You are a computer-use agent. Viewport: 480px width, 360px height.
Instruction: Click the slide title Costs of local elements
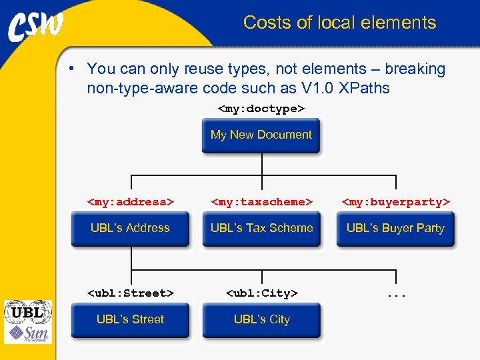(x=339, y=23)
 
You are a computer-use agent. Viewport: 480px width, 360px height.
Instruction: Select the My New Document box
(x=261, y=135)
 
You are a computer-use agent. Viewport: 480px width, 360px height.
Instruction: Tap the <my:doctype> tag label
(x=261, y=108)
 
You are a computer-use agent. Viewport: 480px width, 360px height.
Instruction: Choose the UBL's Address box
(x=130, y=229)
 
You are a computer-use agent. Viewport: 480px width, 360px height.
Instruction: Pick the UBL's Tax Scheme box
(x=261, y=229)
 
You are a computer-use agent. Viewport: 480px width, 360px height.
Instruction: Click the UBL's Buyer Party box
(x=395, y=229)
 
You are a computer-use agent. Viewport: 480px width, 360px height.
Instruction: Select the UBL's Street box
(x=130, y=320)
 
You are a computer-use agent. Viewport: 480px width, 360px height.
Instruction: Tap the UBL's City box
(x=261, y=320)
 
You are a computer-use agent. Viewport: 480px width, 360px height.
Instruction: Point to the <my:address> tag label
(x=131, y=201)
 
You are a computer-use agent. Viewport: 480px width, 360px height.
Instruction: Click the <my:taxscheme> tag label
(x=261, y=201)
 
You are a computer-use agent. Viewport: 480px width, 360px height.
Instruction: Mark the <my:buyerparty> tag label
(x=396, y=201)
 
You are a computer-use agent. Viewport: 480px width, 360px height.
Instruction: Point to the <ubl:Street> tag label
(x=131, y=293)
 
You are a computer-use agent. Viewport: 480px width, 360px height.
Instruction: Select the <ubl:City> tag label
(x=261, y=293)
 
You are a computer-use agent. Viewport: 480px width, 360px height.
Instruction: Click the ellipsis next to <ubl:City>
(x=396, y=294)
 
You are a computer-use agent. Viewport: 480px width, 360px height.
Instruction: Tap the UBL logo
(x=27, y=312)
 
